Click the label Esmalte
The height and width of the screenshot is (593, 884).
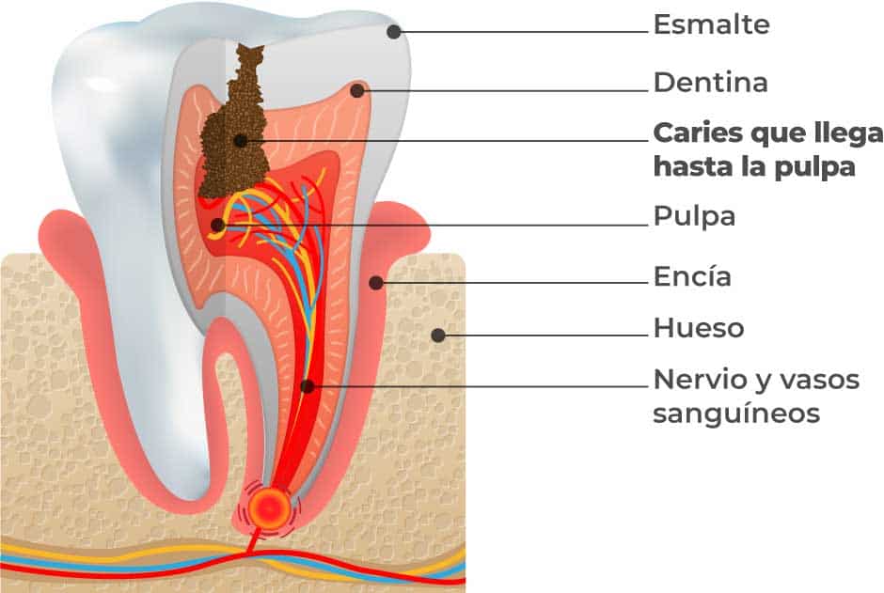click(x=711, y=25)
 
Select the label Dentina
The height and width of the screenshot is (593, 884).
click(x=710, y=83)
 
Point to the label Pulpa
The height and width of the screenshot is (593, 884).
click(x=694, y=217)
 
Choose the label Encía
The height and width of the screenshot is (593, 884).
click(x=692, y=277)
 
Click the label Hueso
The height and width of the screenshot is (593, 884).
click(x=698, y=328)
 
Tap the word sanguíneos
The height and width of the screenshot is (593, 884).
click(x=736, y=414)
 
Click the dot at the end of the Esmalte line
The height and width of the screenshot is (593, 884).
click(x=394, y=31)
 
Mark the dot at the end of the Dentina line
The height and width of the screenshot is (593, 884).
click(x=357, y=91)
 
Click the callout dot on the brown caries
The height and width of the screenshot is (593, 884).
click(x=241, y=141)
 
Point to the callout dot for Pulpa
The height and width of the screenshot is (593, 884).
click(x=218, y=225)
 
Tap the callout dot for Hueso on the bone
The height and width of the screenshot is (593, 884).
click(x=437, y=334)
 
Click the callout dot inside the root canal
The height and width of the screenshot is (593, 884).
click(x=307, y=385)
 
